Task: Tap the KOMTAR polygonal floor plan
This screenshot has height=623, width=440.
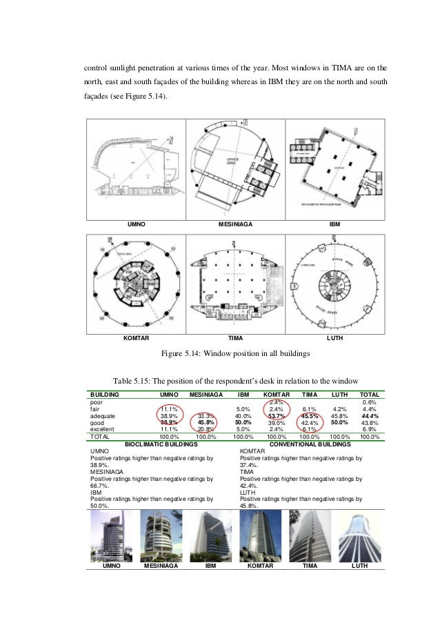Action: [135, 284]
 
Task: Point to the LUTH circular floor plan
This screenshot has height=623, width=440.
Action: [334, 284]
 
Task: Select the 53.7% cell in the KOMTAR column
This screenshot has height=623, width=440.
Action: [276, 416]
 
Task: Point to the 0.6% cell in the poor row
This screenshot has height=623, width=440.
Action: [371, 402]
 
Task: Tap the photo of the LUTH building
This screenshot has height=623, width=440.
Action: [359, 535]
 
